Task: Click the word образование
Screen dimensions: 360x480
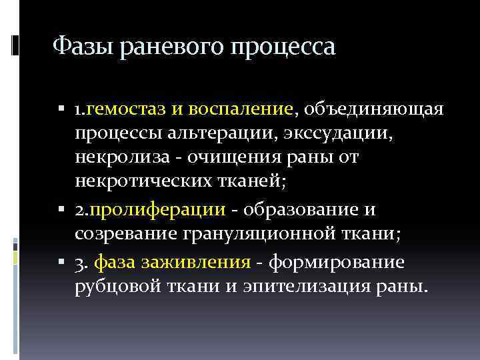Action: click(301, 210)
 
